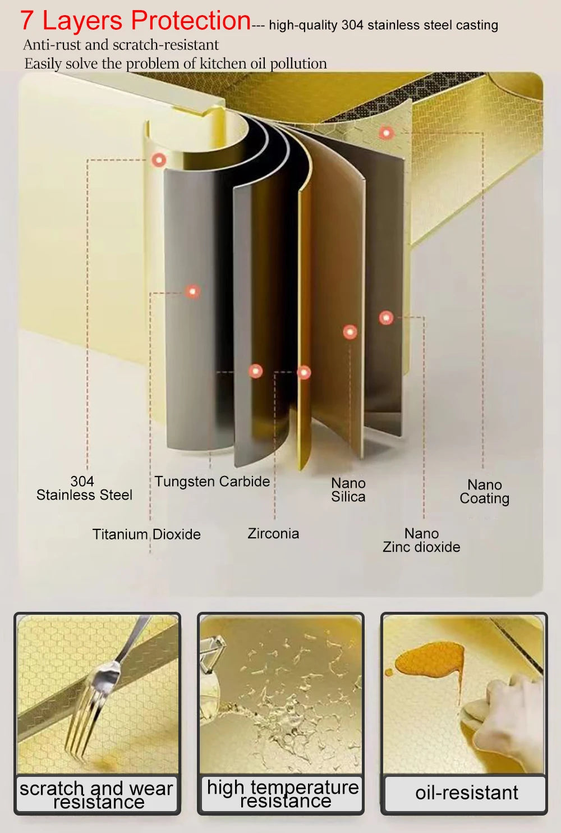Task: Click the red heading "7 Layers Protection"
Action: coord(135,21)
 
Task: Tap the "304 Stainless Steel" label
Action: coord(84,488)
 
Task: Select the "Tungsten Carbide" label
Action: coord(212,482)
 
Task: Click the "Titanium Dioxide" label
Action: coord(146,534)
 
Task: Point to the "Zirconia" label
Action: coord(273,533)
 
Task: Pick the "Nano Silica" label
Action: coord(348,489)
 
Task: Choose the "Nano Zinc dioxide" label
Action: coord(421,540)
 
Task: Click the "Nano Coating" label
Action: coord(484,491)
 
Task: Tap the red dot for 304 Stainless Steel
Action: coord(159,160)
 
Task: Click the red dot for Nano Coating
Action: coord(385,133)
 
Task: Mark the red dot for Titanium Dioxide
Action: coord(192,291)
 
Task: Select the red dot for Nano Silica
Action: coord(350,332)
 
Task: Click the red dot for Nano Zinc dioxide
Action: coord(386,318)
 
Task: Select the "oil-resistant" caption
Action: coord(466,793)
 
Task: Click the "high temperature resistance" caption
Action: coord(283,794)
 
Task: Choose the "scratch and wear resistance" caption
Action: coord(96,795)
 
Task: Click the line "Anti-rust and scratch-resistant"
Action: coord(121,45)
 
